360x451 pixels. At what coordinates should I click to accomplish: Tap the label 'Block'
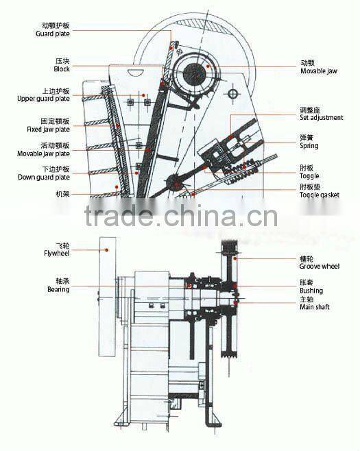[62, 69]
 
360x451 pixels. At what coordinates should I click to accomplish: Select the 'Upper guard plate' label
[43, 99]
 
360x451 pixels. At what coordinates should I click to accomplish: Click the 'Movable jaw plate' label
[43, 154]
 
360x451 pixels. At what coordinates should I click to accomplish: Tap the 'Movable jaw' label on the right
[319, 71]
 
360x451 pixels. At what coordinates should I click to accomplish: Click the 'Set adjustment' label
[321, 118]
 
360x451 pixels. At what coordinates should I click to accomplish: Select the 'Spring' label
[309, 146]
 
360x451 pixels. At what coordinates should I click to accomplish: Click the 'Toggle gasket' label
[320, 195]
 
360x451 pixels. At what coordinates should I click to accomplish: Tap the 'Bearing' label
[58, 290]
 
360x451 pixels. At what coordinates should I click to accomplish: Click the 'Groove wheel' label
[320, 266]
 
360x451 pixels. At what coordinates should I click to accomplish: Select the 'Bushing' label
[312, 291]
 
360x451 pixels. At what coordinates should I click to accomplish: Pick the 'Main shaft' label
[315, 307]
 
